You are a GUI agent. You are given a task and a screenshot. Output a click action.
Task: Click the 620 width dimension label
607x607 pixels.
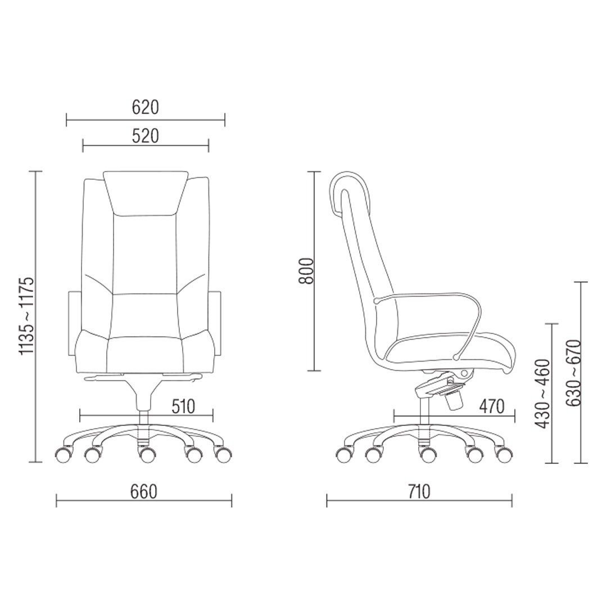[x=146, y=107]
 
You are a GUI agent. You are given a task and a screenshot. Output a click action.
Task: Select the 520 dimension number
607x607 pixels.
[x=146, y=136]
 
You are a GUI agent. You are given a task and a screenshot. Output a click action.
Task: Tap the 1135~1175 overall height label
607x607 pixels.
[x=28, y=315]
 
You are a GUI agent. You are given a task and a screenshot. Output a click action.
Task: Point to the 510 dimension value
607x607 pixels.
[x=183, y=406]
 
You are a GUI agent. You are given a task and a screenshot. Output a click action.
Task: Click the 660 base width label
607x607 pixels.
[x=144, y=492]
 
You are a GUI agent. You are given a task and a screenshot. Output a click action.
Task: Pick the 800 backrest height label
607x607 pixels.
[x=307, y=270]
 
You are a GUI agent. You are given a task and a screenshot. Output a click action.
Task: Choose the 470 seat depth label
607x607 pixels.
[x=492, y=406]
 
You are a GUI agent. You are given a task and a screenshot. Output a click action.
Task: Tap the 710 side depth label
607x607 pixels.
[x=419, y=492]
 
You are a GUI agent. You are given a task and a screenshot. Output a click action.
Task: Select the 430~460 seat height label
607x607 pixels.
[x=542, y=393]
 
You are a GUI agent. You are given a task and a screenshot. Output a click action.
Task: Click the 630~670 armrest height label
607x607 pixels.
[x=573, y=373]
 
